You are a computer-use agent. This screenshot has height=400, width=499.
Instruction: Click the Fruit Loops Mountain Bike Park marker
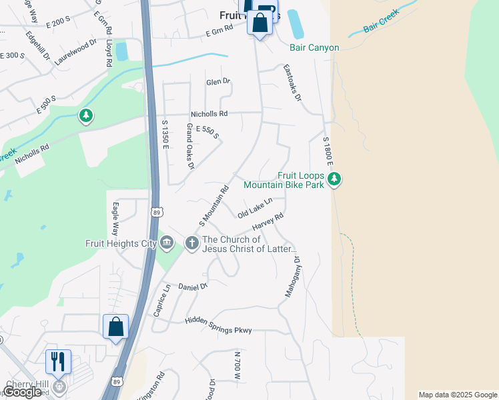click(334, 179)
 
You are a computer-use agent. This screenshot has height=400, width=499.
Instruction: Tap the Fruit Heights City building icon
click(167, 243)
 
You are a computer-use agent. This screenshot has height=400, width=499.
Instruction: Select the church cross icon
click(191, 243)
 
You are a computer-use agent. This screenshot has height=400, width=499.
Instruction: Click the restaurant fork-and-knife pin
click(58, 362)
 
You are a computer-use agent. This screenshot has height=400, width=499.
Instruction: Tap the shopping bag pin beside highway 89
click(115, 327)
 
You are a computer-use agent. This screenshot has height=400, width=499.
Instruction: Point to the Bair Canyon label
click(314, 47)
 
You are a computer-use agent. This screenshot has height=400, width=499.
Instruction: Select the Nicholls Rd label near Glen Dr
click(209, 114)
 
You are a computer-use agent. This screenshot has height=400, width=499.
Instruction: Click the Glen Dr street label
click(217, 81)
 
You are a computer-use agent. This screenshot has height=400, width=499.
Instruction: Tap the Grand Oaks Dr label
click(190, 145)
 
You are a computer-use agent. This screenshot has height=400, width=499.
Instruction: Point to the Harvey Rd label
click(268, 222)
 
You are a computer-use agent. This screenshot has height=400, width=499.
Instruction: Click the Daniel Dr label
click(193, 286)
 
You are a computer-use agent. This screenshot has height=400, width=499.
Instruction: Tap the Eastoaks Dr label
click(292, 82)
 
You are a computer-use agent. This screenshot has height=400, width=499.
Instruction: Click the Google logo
click(22, 392)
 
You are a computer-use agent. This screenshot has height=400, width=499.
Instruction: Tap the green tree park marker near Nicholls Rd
click(85, 117)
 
